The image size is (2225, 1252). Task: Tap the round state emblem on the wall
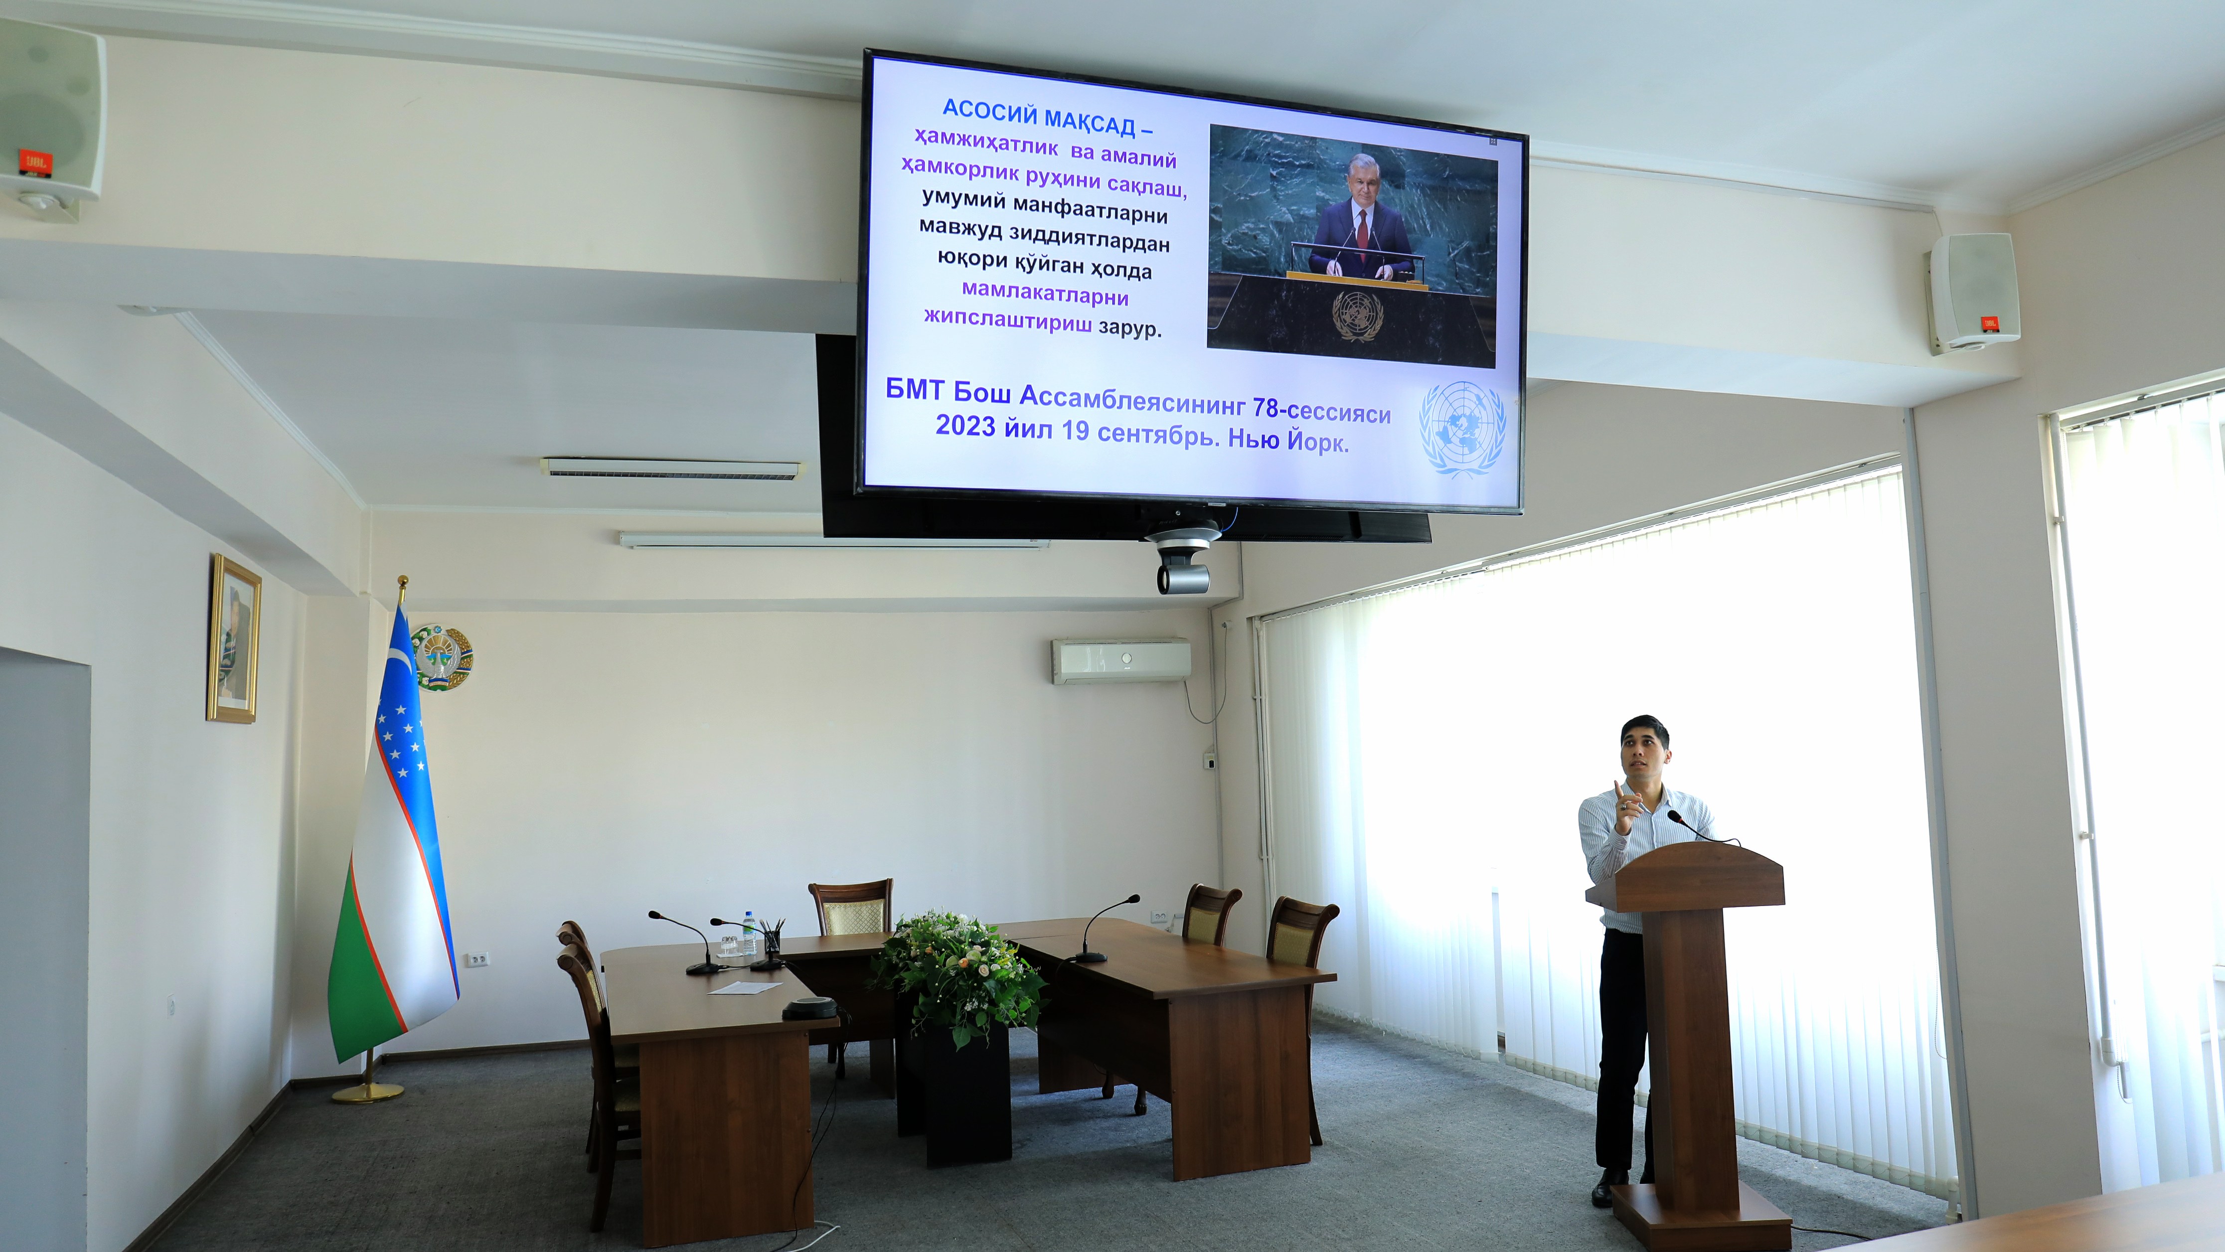pyautogui.click(x=442, y=656)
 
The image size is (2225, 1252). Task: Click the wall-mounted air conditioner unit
pyautogui.click(x=1120, y=660)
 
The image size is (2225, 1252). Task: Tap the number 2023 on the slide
pyautogui.click(x=965, y=425)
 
